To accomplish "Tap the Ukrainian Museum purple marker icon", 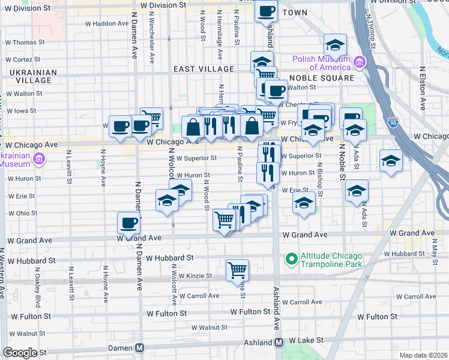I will tap(39, 159).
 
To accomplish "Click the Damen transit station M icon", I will tap(140, 348).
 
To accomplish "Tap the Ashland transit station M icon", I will tap(279, 343).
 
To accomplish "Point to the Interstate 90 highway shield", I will tap(393, 122).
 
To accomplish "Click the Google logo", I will tap(20, 352).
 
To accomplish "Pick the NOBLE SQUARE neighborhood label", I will tap(321, 78).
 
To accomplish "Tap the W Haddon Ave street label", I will tap(106, 24).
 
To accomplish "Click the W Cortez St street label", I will tap(23, 59).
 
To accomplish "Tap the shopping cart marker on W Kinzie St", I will tap(237, 270).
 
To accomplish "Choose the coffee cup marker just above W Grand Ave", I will tap(128, 223).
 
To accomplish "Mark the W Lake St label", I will tap(306, 340).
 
